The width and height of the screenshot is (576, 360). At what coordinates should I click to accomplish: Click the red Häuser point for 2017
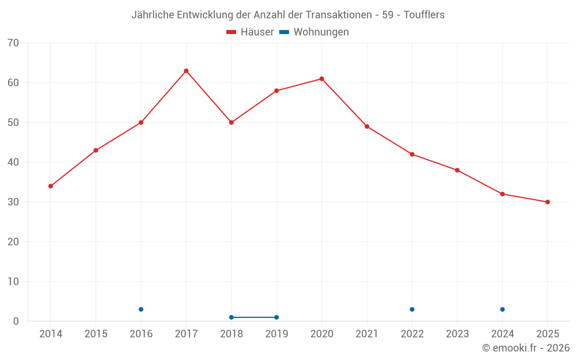[x=186, y=71]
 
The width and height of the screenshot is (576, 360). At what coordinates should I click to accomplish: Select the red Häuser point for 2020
[x=321, y=79]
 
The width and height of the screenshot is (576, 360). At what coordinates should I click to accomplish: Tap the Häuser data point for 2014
[x=51, y=186]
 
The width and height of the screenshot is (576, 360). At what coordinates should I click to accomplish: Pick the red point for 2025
[x=547, y=202]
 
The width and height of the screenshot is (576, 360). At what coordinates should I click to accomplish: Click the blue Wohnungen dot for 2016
[x=141, y=309]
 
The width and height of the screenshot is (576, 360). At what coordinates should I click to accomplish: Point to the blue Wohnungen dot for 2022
[x=412, y=309]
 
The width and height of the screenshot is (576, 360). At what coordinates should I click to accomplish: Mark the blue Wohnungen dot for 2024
[x=502, y=309]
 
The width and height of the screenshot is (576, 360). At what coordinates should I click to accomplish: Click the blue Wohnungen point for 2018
[x=232, y=317]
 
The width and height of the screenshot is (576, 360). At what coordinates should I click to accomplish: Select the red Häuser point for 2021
[x=367, y=127]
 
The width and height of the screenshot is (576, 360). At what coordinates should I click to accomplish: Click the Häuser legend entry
[x=250, y=32]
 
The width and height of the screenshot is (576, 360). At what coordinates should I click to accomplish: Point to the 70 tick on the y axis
[x=13, y=43]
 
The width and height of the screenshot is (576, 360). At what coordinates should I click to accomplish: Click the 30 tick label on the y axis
[x=13, y=202]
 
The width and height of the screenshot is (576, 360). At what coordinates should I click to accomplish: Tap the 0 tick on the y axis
[x=16, y=321]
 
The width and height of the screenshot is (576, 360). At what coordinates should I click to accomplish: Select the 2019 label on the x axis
[x=276, y=334]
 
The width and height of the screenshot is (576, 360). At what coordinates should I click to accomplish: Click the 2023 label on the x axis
[x=457, y=334]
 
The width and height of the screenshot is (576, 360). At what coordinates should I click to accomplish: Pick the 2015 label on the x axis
[x=96, y=334]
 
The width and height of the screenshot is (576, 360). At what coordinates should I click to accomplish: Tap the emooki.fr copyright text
[x=526, y=348]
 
